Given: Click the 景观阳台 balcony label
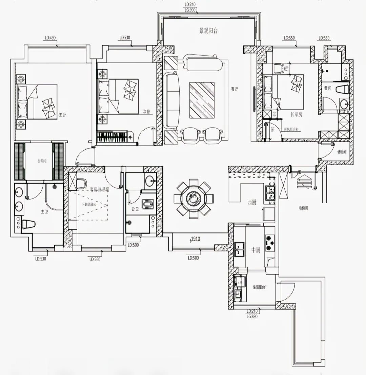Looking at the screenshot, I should point(208,31).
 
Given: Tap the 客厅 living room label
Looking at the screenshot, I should point(235,89).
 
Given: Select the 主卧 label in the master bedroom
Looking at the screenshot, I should point(62,115).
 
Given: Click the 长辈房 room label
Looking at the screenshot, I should point(296,115).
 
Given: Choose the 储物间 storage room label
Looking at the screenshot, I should point(342,152).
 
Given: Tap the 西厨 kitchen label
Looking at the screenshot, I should point(251,203).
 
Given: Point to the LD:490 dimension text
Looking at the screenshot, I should point(50,38).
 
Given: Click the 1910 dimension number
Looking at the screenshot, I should point(195,239).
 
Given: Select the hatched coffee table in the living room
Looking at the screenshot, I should point(202,100).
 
